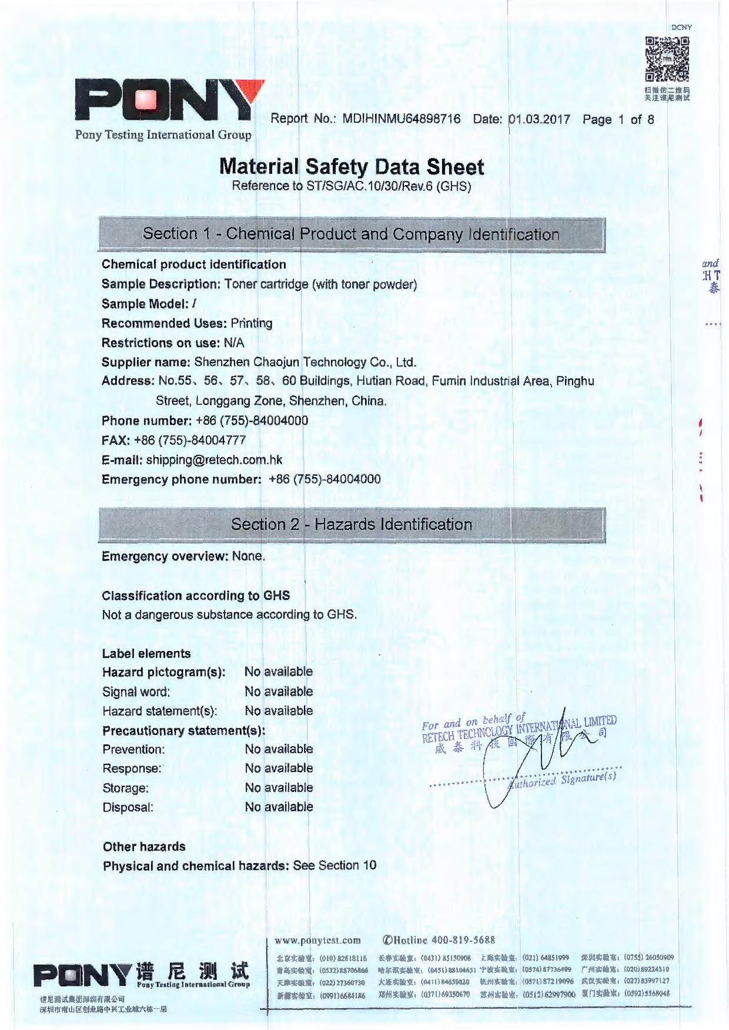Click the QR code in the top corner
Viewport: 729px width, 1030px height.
(x=667, y=59)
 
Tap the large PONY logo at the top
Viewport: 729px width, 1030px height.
(x=169, y=101)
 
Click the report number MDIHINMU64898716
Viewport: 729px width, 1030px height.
(x=401, y=119)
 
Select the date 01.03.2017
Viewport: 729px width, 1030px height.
(x=539, y=119)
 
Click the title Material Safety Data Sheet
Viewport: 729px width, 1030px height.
(x=352, y=167)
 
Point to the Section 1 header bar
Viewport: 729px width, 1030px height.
(x=352, y=234)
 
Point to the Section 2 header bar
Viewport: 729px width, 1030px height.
(x=352, y=524)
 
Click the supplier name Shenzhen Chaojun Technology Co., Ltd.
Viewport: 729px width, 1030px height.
(x=305, y=362)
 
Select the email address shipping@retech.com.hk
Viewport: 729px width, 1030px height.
(x=214, y=459)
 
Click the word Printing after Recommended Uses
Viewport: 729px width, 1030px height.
(x=251, y=323)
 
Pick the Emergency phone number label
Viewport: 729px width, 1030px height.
(x=181, y=479)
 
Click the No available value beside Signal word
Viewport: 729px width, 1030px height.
(x=279, y=692)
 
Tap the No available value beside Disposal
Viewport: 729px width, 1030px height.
(x=279, y=807)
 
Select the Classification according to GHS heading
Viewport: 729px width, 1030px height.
(x=196, y=596)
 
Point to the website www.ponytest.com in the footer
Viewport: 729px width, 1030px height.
(x=317, y=940)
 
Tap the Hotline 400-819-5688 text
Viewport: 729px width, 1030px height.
(x=439, y=940)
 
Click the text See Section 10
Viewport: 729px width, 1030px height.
(x=335, y=865)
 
